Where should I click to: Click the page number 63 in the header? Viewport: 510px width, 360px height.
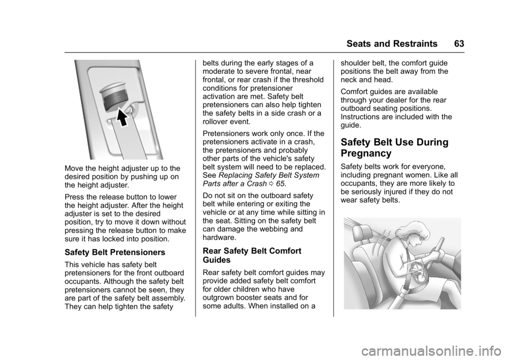point(459,44)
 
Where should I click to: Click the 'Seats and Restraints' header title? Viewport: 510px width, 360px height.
point(392,44)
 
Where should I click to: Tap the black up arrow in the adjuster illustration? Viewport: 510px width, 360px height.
point(122,117)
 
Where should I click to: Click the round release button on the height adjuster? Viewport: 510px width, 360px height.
point(113,95)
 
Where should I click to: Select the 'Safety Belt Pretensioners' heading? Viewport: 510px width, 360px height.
point(115,252)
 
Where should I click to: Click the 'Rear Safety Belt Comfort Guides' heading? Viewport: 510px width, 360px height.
point(252,255)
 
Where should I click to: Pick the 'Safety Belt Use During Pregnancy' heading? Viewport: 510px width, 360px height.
point(395,147)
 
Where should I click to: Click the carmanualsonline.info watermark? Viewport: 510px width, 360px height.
point(432,351)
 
